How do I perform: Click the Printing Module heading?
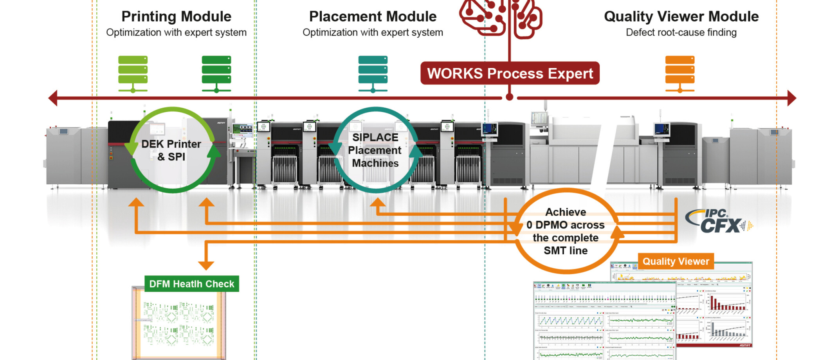click(x=176, y=16)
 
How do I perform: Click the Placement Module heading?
click(x=373, y=16)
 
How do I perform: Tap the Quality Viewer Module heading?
click(x=681, y=16)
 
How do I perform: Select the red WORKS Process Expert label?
click(x=510, y=73)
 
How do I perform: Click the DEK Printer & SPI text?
click(x=171, y=150)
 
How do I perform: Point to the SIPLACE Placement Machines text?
click(x=375, y=150)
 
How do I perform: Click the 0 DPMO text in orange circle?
click(x=565, y=225)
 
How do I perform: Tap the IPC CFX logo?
click(x=719, y=221)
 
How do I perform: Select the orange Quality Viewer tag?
click(x=676, y=261)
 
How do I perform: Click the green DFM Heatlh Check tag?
click(x=191, y=284)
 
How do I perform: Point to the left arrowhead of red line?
click(x=53, y=98)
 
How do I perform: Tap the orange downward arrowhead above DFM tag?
click(x=206, y=265)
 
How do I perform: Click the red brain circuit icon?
click(x=501, y=18)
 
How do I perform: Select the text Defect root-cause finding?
click(x=681, y=32)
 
